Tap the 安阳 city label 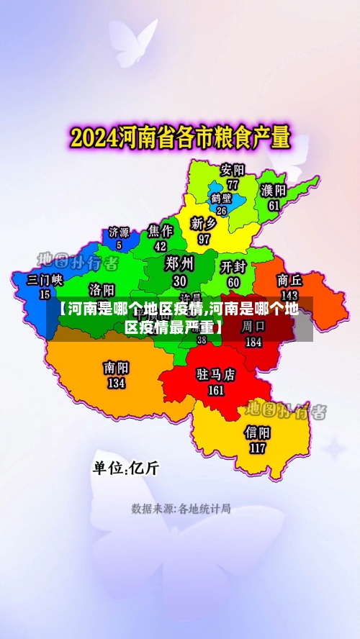tap(233, 171)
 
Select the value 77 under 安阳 tap(233, 184)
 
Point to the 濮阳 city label tap(274, 191)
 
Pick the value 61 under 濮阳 tap(274, 205)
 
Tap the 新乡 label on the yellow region tap(204, 224)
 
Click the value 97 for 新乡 tap(204, 238)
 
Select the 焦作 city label tap(161, 231)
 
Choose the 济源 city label tap(119, 232)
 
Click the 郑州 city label tap(179, 263)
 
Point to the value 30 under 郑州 tap(179, 281)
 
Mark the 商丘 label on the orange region tap(289, 280)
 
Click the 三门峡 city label tap(45, 279)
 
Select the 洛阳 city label tap(102, 289)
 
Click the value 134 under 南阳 tap(116, 384)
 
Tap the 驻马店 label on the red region tap(216, 375)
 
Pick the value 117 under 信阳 tap(258, 448)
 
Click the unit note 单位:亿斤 tap(125, 468)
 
